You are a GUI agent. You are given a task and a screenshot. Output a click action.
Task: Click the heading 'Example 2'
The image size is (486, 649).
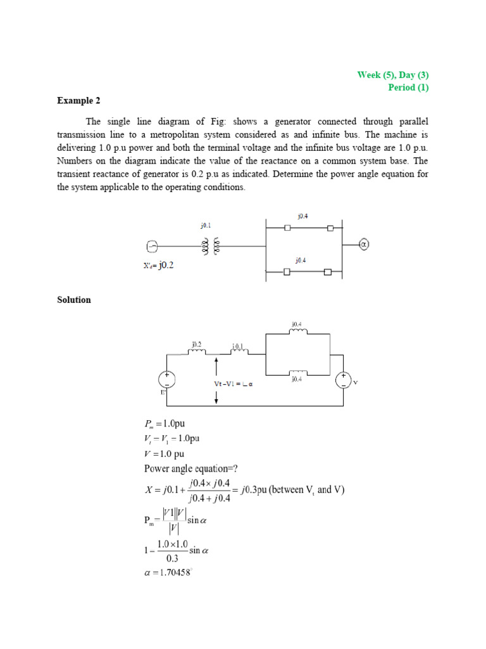[78, 101]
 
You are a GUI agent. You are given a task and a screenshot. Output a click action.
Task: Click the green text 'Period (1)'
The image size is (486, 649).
[408, 87]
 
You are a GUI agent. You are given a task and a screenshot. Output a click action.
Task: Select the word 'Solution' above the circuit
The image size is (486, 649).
[74, 300]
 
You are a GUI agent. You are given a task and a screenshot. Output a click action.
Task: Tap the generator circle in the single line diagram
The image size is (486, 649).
[152, 246]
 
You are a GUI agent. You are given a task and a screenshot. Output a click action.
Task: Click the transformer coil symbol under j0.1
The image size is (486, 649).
[210, 246]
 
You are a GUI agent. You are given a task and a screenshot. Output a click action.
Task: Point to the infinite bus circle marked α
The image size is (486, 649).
[363, 244]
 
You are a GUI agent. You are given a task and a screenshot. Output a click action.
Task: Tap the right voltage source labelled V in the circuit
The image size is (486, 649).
[343, 380]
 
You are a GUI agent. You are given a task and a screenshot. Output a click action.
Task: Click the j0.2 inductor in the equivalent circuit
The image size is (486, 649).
[197, 352]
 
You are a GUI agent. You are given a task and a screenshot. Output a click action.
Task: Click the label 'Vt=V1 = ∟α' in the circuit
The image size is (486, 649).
[252, 385]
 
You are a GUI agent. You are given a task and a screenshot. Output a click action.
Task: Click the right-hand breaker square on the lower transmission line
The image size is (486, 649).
[328, 273]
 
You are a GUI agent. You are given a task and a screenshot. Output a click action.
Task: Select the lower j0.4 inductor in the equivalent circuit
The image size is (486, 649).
[297, 373]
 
